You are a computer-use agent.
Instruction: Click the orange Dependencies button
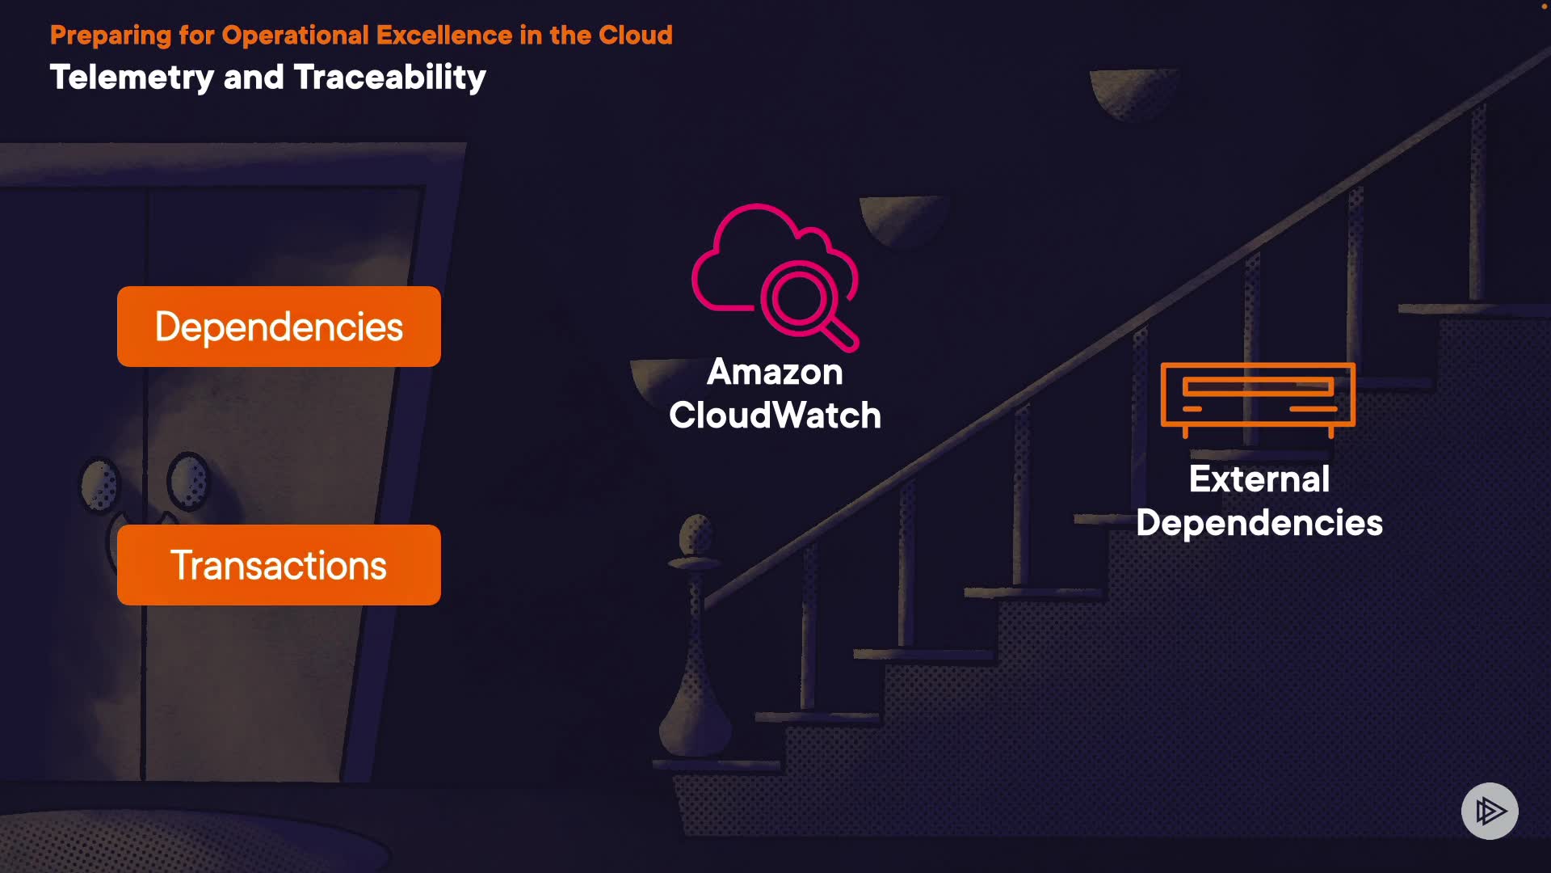click(279, 327)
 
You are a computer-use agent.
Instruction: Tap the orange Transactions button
click(279, 565)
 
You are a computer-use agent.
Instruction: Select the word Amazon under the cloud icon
click(775, 372)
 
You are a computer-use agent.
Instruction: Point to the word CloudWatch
click(775, 415)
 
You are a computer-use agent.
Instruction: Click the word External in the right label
click(1259, 479)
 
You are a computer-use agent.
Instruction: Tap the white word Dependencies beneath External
click(1259, 523)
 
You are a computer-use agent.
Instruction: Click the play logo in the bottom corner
click(1490, 811)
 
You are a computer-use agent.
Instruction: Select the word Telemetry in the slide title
click(132, 78)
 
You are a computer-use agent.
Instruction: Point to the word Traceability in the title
click(389, 78)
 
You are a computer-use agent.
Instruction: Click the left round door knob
click(100, 485)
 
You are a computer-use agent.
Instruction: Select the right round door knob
click(187, 481)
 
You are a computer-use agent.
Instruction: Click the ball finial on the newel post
click(696, 534)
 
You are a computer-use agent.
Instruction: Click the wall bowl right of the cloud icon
click(901, 218)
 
